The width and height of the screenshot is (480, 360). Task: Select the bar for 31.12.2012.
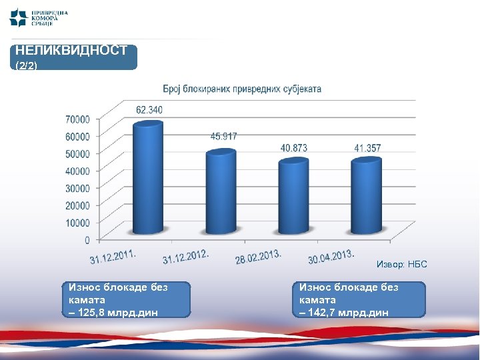(x=221, y=193)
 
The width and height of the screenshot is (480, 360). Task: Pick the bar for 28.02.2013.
(x=293, y=197)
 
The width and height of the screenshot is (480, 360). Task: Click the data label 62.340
(x=149, y=109)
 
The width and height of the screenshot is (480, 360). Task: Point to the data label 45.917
(x=223, y=136)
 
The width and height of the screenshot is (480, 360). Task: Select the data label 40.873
(x=293, y=148)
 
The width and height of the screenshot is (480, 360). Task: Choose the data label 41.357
(x=367, y=148)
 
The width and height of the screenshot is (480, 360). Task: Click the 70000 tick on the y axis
(x=77, y=119)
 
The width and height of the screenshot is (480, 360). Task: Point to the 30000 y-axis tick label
(x=77, y=188)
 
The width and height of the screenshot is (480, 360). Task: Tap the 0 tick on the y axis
(x=87, y=239)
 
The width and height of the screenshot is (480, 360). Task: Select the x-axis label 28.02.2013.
(x=258, y=257)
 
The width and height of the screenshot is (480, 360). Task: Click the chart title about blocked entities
(x=242, y=88)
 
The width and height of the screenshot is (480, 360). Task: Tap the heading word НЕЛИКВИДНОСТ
(x=71, y=51)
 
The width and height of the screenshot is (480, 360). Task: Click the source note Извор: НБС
(x=401, y=265)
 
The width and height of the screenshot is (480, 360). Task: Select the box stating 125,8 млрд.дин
(x=129, y=299)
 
